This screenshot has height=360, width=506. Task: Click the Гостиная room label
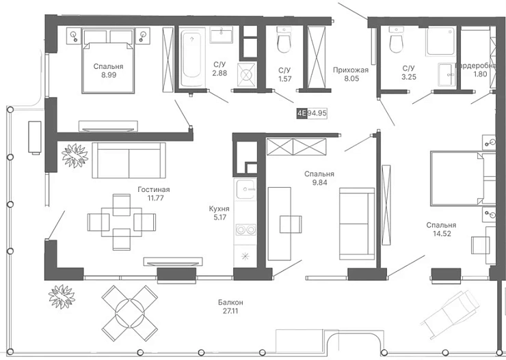coord(154,189)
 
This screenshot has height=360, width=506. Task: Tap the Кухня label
coord(219,209)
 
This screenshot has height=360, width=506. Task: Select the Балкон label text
coord(230,303)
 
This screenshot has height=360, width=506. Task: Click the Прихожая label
coord(351,70)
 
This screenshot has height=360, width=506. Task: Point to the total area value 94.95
coord(317,113)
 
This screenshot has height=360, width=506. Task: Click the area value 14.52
coord(442,234)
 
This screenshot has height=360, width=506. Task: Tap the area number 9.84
coord(319,182)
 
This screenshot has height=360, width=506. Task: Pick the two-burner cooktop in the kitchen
coord(246,230)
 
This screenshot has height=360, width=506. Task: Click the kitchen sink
coord(246,189)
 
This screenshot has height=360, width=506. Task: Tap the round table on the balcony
coord(130,311)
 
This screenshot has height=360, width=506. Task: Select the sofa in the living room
coord(129,160)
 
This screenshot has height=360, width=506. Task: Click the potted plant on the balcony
coord(62,297)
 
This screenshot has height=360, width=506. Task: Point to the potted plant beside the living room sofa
coord(75,156)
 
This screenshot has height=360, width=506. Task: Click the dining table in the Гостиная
coord(122,222)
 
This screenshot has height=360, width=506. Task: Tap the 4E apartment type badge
coord(302,113)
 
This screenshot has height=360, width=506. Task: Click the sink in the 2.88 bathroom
coord(222,34)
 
